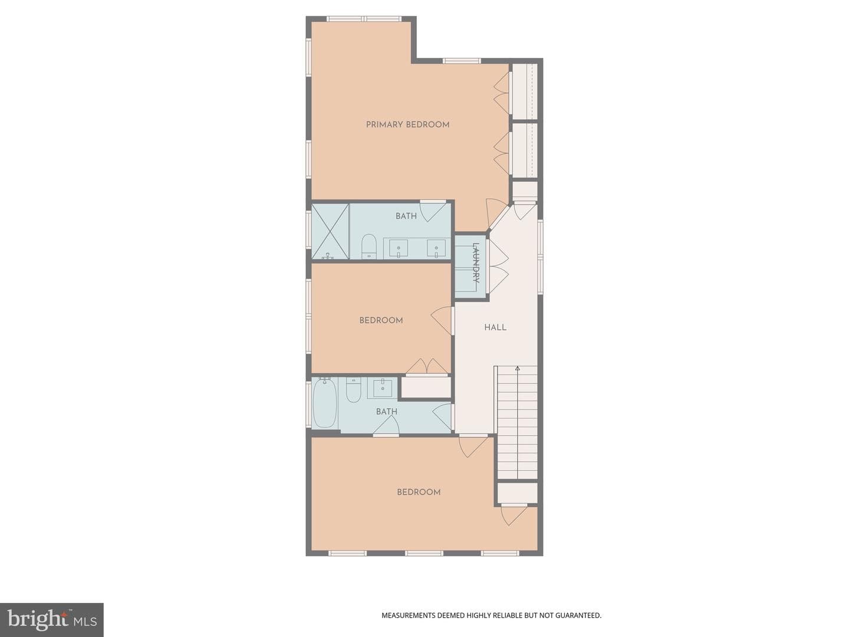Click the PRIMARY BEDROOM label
(407, 124)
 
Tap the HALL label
(495, 327)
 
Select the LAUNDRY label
(476, 262)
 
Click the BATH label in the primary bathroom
(406, 216)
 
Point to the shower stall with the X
(330, 231)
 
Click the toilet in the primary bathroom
(368, 246)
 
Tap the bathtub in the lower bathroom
(324, 403)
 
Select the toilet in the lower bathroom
(353, 389)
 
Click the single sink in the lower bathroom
(383, 388)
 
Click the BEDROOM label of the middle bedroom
(381, 320)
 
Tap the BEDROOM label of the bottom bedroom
(419, 492)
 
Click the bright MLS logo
(52, 619)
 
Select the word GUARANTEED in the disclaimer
(578, 615)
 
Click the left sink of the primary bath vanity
(398, 248)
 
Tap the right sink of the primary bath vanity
(436, 248)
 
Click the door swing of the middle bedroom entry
(441, 321)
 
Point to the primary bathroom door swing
(433, 211)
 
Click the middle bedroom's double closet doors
(427, 367)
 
